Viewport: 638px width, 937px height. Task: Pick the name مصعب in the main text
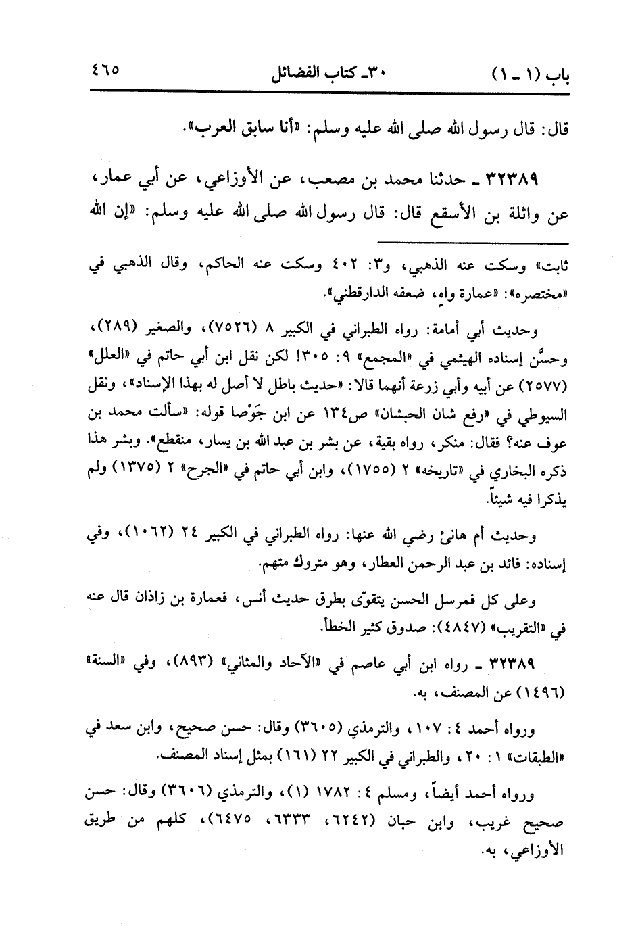[310, 181]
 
